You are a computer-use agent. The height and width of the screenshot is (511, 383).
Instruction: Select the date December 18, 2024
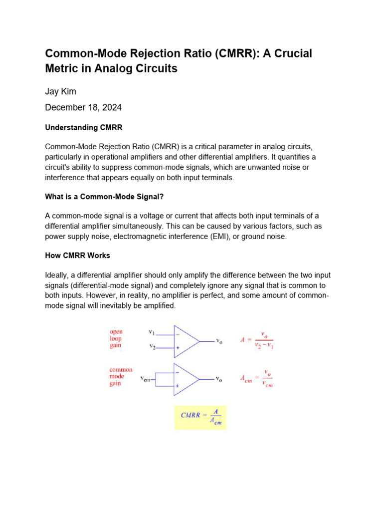(83, 107)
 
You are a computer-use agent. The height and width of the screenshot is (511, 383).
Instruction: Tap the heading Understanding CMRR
(83, 127)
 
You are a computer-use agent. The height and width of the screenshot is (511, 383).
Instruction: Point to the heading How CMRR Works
(77, 255)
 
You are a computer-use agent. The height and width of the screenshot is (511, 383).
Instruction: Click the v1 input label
(152, 332)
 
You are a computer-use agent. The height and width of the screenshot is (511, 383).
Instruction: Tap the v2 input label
(152, 346)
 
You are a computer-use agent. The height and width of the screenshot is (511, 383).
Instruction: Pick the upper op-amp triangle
(185, 341)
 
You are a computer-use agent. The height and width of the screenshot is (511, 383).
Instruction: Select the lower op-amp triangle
(185, 379)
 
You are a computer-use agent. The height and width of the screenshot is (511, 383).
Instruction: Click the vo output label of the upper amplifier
(218, 341)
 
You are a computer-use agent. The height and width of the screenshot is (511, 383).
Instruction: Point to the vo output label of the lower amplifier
(218, 380)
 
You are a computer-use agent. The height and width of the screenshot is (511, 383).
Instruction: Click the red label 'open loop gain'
(116, 338)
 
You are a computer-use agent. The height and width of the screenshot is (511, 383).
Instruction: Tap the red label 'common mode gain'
(121, 377)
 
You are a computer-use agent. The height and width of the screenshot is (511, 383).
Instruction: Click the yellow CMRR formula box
(200, 417)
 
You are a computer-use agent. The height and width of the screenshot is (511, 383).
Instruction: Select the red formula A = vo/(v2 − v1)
(257, 340)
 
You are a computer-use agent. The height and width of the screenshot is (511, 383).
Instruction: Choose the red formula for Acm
(257, 379)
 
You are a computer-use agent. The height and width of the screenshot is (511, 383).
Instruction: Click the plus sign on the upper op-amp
(178, 348)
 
